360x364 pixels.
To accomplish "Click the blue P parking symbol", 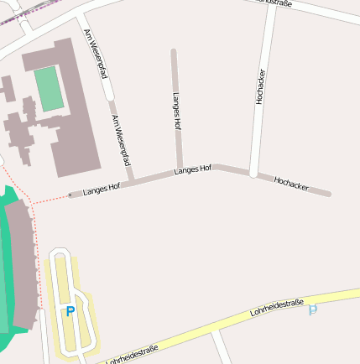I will [70, 311].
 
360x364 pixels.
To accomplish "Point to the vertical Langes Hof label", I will [177, 110].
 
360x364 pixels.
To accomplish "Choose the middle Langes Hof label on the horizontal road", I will [192, 170].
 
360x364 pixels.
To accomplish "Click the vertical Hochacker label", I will [260, 86].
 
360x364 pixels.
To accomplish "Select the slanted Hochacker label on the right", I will [291, 184].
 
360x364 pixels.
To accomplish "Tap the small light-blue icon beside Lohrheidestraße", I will [313, 309].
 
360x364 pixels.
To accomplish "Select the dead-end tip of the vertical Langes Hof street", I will [174, 52].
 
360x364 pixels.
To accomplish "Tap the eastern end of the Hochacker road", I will [328, 194].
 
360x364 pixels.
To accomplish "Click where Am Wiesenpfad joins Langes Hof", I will [132, 180].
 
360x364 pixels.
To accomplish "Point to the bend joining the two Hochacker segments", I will [253, 174].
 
